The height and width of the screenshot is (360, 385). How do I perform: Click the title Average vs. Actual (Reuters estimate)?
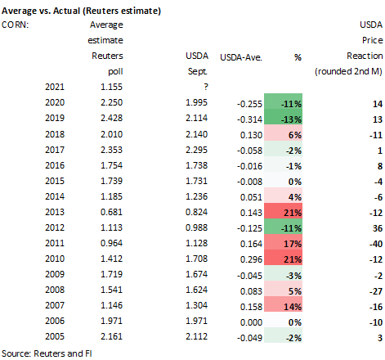(81, 11)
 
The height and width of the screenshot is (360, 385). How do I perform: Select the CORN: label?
(15, 25)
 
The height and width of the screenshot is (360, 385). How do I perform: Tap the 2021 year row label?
(55, 87)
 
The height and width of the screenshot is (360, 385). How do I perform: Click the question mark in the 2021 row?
(206, 87)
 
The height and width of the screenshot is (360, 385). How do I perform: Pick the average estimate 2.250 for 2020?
(112, 102)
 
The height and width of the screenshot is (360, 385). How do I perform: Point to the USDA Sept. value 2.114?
(197, 118)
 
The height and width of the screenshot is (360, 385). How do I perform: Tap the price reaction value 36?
(378, 228)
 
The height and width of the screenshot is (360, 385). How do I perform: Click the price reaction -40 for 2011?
(376, 244)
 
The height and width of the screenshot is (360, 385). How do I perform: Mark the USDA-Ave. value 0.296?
(251, 259)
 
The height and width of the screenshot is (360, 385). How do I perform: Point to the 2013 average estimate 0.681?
(112, 212)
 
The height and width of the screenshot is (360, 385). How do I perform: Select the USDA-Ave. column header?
(241, 57)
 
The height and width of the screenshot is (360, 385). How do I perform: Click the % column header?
(298, 57)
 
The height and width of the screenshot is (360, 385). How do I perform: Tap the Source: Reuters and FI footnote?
(47, 353)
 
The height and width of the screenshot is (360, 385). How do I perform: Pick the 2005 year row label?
(55, 336)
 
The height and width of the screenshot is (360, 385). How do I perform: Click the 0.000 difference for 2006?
(251, 322)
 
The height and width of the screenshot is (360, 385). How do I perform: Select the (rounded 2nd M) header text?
(348, 71)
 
